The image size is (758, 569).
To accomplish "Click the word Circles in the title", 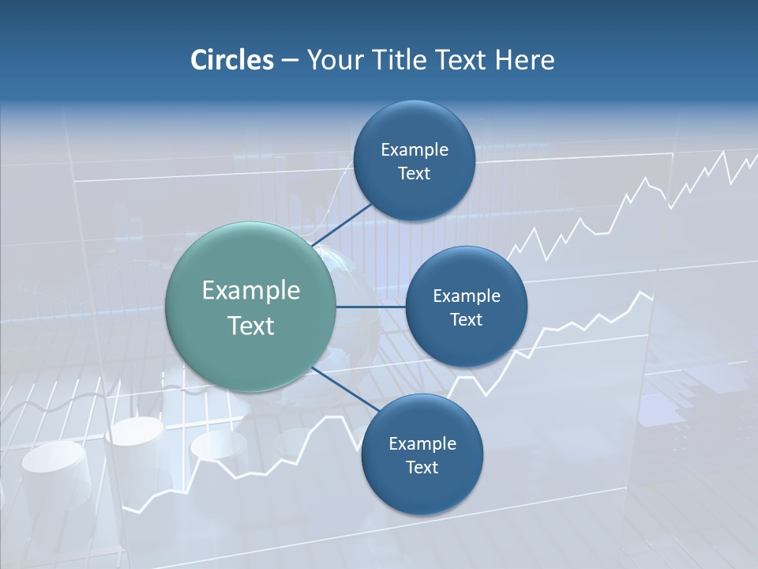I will pos(232,60).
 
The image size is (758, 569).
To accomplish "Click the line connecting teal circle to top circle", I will pos(343,224).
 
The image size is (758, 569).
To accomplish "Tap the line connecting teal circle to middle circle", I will pos(370,306).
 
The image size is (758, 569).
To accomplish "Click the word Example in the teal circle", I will pos(251,291).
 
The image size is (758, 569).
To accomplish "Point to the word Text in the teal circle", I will pos(251,326).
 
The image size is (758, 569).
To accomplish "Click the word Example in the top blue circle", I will pos(415,150).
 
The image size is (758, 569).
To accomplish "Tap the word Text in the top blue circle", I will pos(415,174).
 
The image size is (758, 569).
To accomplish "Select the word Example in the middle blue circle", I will pos(467,296).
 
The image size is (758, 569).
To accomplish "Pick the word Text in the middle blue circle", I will pos(467,320).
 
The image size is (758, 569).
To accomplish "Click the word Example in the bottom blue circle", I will pos(422,444).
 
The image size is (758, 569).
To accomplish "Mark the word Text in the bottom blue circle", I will pos(422,468).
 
